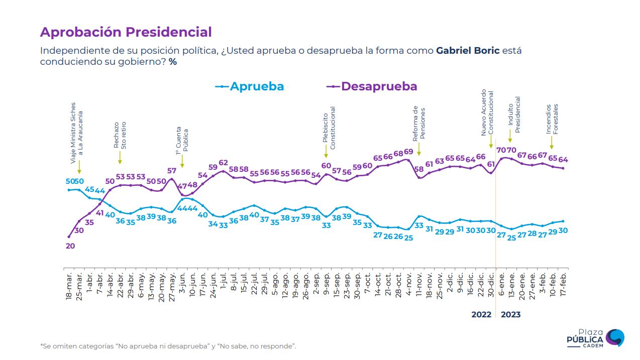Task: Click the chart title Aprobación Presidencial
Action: (x=126, y=32)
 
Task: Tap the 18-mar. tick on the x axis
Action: (x=69, y=287)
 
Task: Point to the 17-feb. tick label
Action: (x=564, y=287)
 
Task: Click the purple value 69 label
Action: (x=408, y=152)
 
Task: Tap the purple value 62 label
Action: (x=223, y=163)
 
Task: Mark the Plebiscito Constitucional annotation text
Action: (x=329, y=128)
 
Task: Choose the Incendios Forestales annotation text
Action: (x=553, y=119)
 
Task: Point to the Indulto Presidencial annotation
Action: (x=514, y=114)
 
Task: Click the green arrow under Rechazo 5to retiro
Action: (x=120, y=158)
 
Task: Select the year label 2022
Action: (x=481, y=315)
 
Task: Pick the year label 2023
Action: (x=511, y=315)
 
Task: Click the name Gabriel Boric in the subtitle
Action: (x=468, y=51)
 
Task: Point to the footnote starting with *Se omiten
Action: (x=168, y=346)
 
